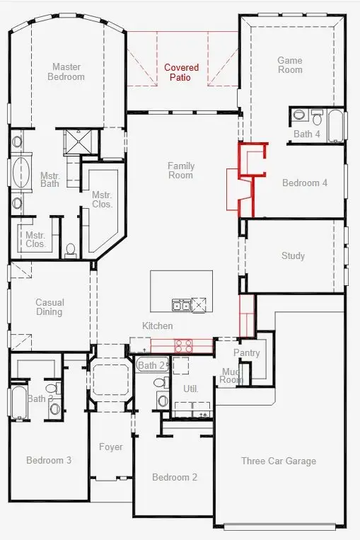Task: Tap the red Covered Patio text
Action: tap(182, 72)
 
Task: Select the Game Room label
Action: tap(290, 65)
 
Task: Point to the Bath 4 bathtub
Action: tap(335, 125)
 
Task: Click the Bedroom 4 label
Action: tap(305, 183)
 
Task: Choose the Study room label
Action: tap(293, 255)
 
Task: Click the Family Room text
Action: tap(181, 171)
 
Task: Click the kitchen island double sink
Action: tap(181, 305)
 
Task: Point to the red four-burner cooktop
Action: tap(183, 346)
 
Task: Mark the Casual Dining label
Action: tap(50, 307)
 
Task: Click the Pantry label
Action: tap(246, 352)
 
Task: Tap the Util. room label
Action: tap(191, 389)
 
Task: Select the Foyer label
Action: tap(111, 447)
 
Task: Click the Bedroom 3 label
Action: tap(49, 460)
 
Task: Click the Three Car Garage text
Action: tap(279, 461)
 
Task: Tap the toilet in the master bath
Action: tap(70, 249)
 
